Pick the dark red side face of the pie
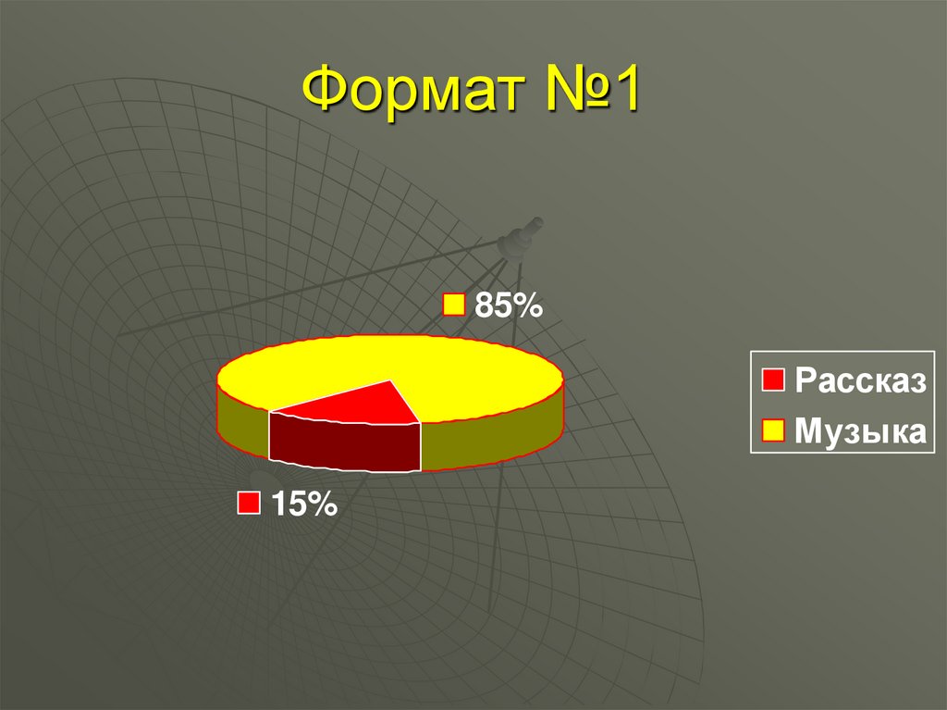coord(344,442)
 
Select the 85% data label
coord(508,306)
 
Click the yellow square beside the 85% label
coord(454,306)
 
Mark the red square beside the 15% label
coord(249,504)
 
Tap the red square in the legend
coord(773,380)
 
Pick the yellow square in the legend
coord(773,430)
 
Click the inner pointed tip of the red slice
coord(391,381)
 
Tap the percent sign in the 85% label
coord(529,306)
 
